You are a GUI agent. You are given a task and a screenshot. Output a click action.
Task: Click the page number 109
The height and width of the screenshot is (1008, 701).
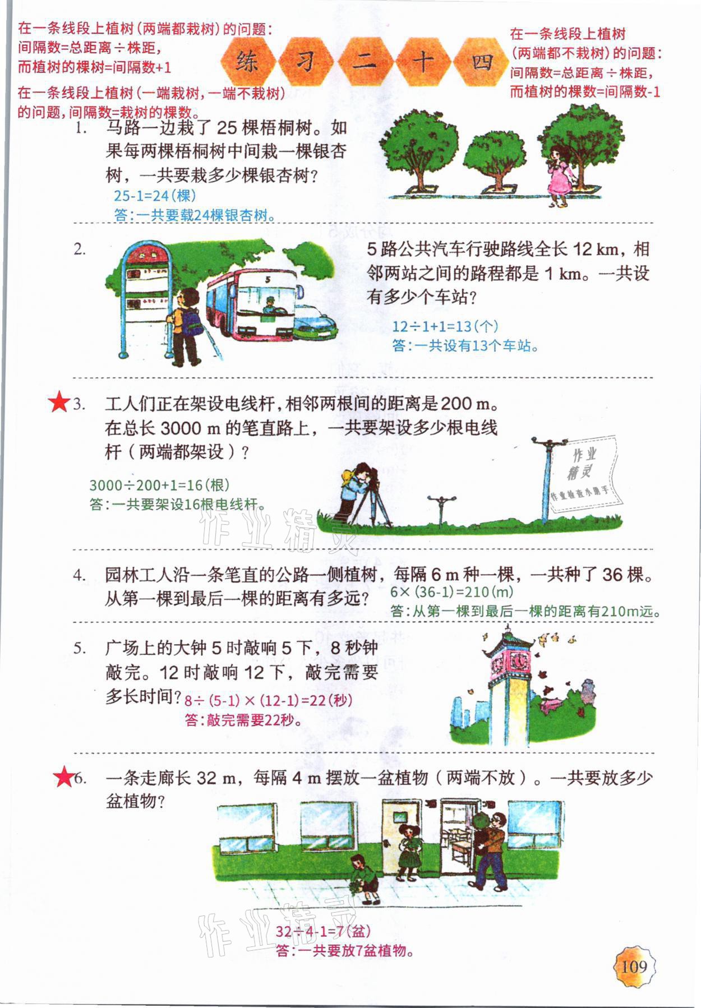(x=634, y=966)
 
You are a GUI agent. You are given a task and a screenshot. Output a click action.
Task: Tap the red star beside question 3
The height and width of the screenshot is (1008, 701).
(x=58, y=403)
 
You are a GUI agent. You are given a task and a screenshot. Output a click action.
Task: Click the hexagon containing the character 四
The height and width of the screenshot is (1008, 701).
(x=481, y=61)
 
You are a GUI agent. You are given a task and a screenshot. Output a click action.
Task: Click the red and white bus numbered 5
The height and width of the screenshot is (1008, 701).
(x=252, y=302)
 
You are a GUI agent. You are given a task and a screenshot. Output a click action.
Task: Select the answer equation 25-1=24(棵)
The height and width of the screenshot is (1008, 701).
(x=155, y=196)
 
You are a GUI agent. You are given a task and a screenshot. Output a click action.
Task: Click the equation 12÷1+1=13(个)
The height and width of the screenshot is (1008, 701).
(x=445, y=326)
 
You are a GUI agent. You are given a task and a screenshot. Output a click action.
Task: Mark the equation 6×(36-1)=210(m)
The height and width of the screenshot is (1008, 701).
(x=452, y=591)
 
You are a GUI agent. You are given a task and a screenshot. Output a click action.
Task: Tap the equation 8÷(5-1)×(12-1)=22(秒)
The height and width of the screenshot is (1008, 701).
(x=269, y=700)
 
